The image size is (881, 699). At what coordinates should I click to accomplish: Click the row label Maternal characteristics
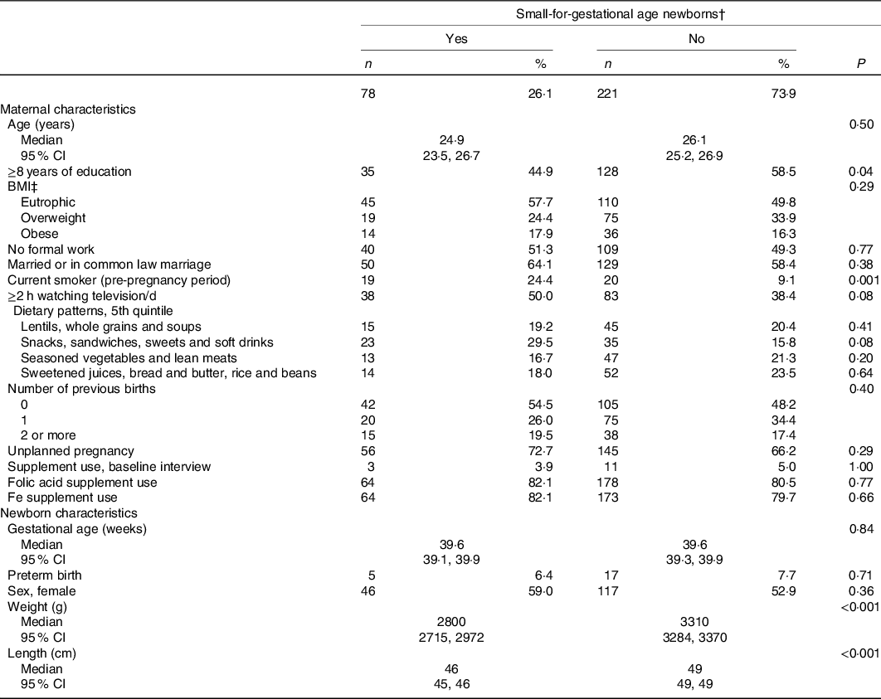tap(68, 109)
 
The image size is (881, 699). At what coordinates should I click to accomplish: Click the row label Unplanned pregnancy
tap(71, 451)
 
